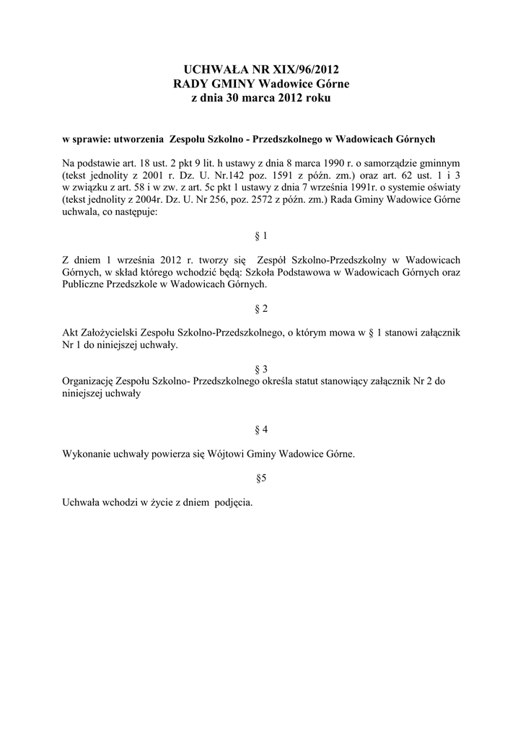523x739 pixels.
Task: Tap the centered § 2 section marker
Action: [x=261, y=309]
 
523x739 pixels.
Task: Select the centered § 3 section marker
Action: [x=261, y=369]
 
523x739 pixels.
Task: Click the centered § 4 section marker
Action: [x=261, y=430]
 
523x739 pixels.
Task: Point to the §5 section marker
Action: [x=261, y=478]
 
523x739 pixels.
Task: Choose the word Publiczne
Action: [x=86, y=284]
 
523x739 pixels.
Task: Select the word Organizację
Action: [x=90, y=382]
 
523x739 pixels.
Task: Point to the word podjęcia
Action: [x=234, y=502]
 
